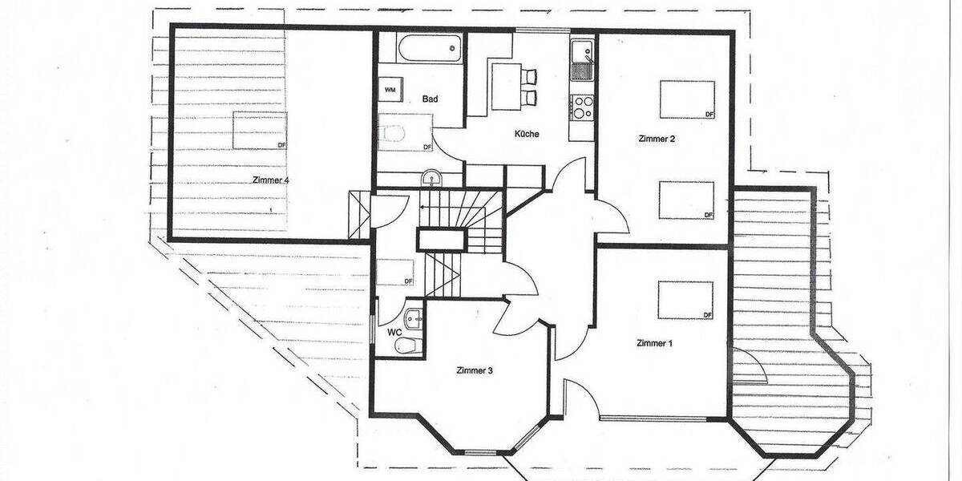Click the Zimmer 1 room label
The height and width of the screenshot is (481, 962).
tap(654, 343)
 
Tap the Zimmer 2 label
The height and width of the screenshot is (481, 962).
tap(657, 139)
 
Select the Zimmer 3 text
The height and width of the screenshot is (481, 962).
tap(474, 370)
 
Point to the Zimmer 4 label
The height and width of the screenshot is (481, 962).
tap(270, 180)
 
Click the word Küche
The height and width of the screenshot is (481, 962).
tap(527, 134)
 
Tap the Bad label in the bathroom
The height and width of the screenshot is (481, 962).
tap(430, 99)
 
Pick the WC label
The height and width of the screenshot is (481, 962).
tap(394, 331)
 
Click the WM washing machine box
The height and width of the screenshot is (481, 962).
tap(390, 89)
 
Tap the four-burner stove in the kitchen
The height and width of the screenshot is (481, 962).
tap(581, 107)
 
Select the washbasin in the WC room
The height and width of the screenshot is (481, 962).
tap(414, 317)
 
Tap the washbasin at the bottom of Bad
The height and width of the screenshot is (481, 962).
tap(431, 177)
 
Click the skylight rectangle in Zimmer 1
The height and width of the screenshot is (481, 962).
tap(685, 301)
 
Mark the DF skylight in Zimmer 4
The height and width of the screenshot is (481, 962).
tap(260, 130)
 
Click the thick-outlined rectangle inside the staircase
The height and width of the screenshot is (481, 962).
tap(440, 239)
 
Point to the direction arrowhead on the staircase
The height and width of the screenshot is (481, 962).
tap(424, 204)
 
